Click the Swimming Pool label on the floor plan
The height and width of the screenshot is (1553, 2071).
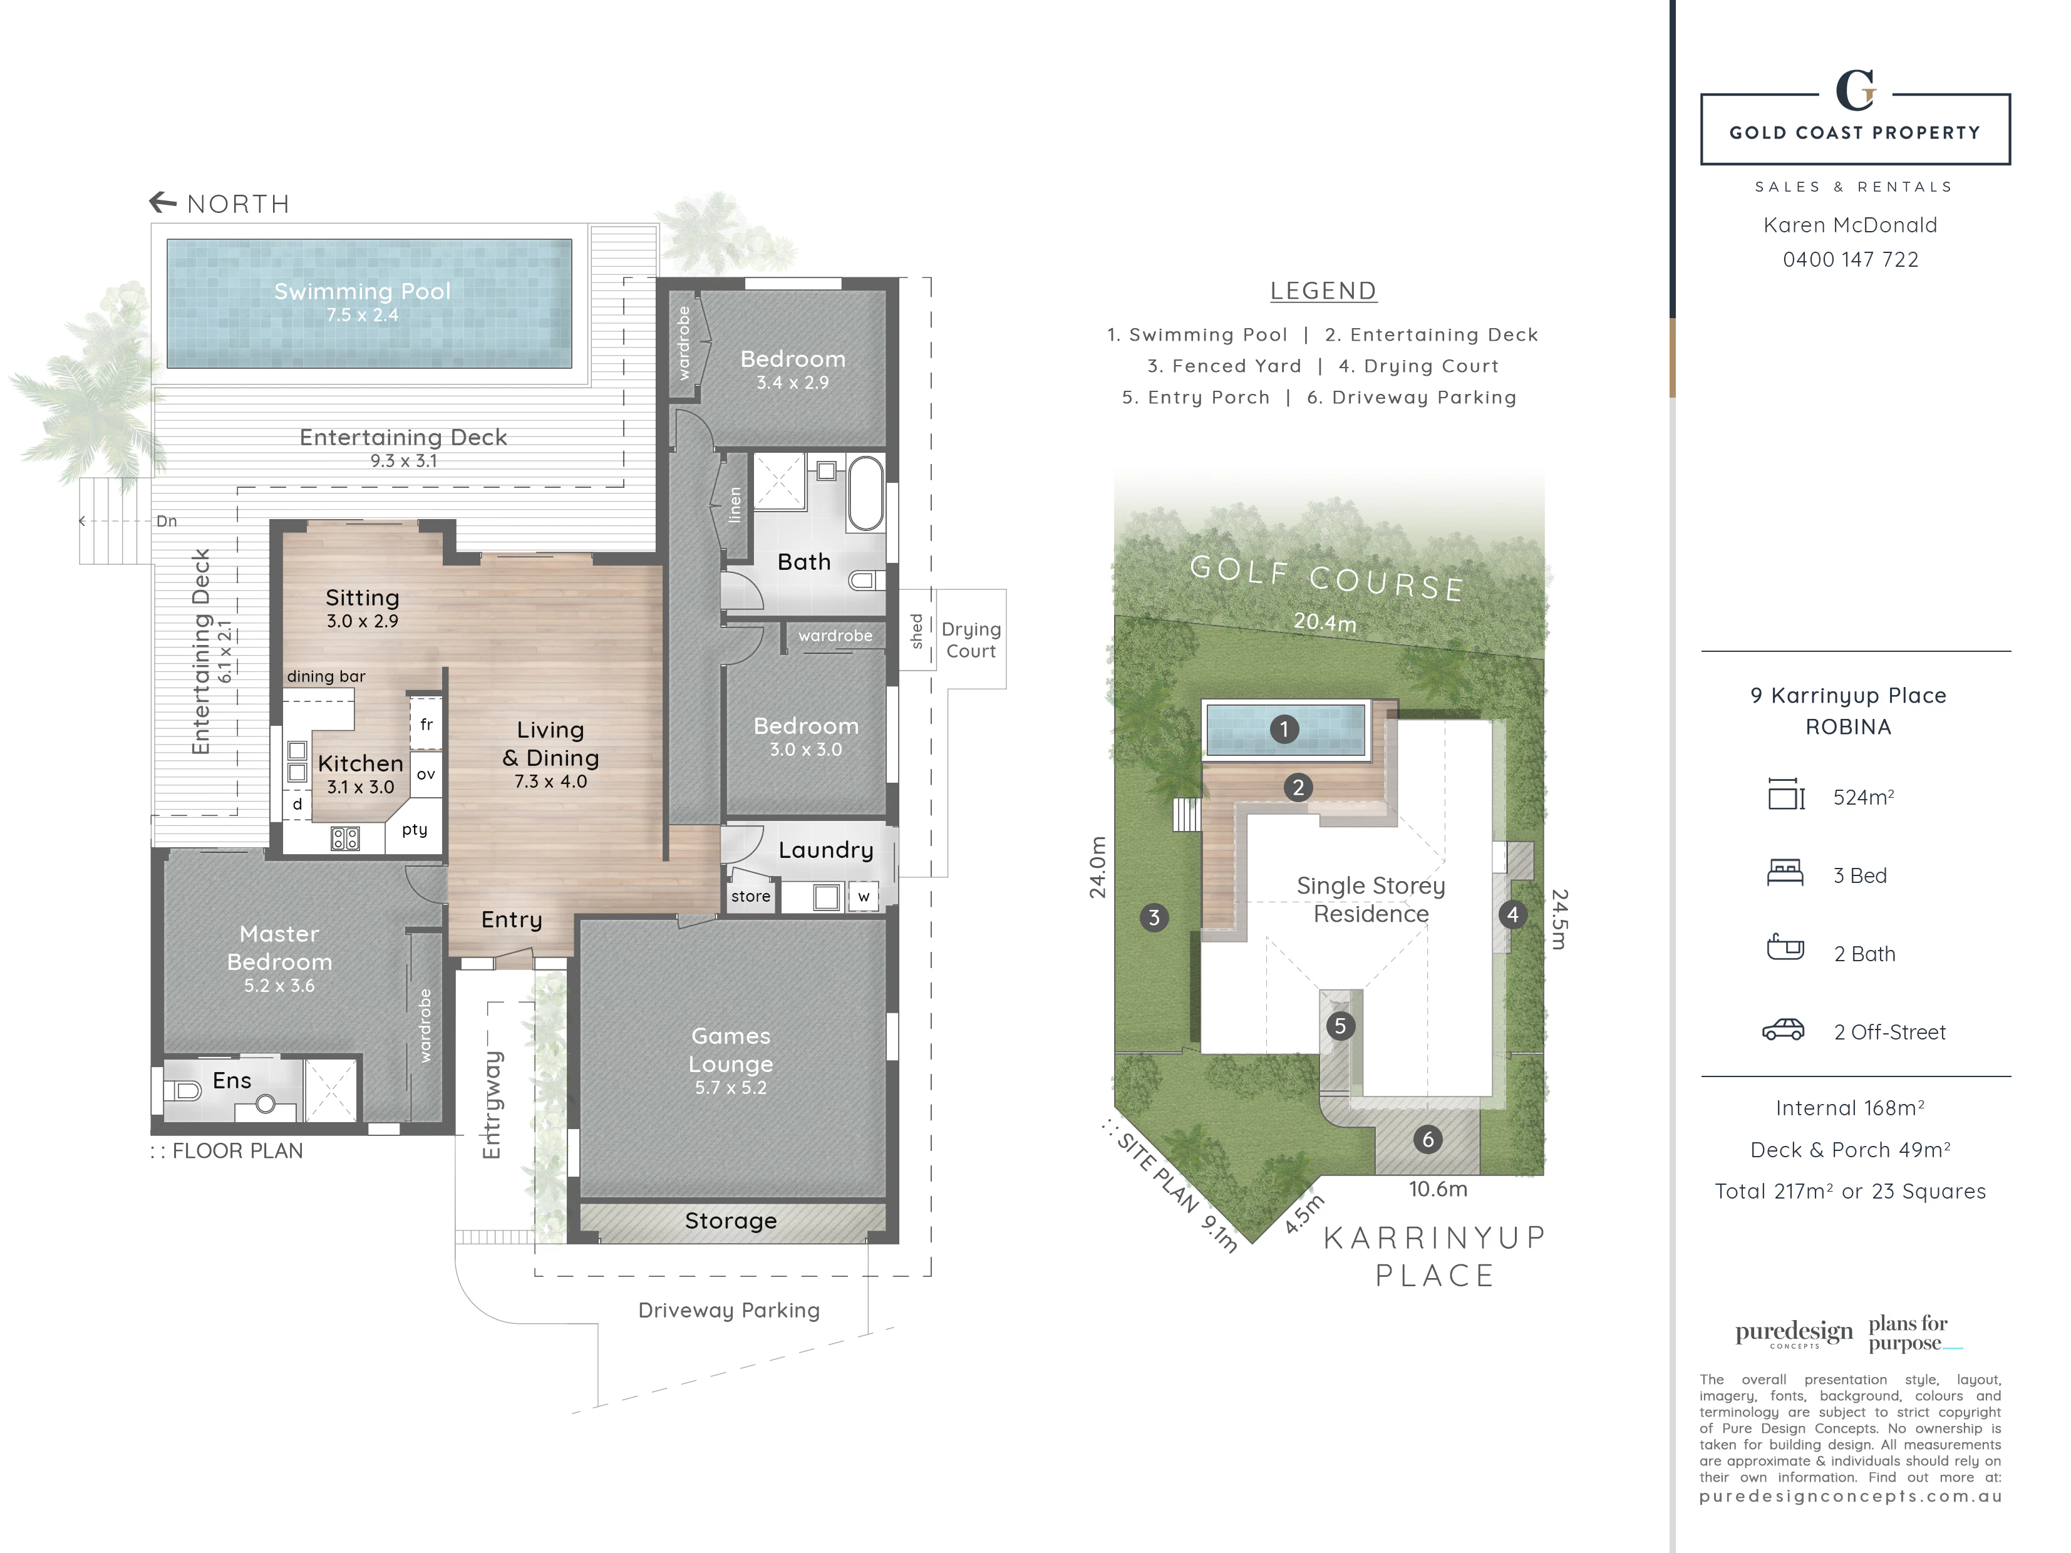[363, 291]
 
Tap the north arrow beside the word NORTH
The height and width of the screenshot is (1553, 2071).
[163, 201]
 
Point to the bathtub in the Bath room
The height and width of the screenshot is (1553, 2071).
[866, 493]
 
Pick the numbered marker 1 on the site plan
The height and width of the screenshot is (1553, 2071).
[1284, 728]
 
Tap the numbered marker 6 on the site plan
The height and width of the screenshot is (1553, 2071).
[1428, 1139]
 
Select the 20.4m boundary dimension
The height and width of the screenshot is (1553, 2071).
[1325, 622]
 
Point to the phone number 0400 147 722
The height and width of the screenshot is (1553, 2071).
[1850, 259]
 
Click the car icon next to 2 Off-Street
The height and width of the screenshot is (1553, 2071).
[1784, 1029]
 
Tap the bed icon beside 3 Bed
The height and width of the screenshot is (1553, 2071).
[1785, 872]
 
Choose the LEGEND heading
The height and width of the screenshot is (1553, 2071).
[1323, 291]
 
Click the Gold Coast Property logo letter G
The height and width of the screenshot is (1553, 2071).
[1856, 91]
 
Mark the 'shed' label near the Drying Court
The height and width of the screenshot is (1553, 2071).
[917, 631]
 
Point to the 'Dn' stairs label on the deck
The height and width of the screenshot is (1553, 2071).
[167, 522]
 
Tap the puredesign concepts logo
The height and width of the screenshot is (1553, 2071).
[1794, 1333]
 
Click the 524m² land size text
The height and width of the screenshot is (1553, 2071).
[1863, 798]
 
